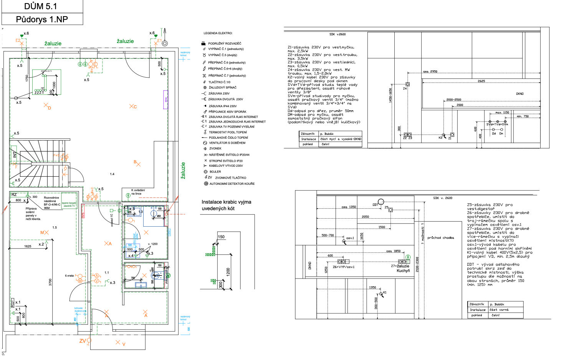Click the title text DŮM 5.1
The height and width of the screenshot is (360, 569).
[41, 6]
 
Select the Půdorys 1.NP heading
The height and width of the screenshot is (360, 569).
[42, 19]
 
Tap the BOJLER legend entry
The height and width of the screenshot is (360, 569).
[215, 172]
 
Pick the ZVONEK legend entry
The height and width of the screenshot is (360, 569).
[215, 148]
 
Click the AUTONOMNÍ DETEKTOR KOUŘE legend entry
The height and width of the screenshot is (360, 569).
[232, 184]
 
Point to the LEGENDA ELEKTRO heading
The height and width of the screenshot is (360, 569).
[218, 33]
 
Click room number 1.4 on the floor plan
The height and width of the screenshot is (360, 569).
[112, 174]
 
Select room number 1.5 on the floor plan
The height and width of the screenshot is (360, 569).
[55, 227]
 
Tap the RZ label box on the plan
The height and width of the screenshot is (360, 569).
[14, 195]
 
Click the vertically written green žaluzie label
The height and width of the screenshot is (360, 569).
[183, 170]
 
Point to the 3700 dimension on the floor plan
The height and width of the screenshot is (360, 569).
[50, 282]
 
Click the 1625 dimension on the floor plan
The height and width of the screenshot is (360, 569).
[28, 246]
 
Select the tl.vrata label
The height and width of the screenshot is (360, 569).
[69, 275]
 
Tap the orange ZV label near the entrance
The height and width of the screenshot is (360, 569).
[83, 341]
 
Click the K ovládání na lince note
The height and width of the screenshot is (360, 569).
[138, 192]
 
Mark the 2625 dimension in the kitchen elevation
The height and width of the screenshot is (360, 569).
[481, 81]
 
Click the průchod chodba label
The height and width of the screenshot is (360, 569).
[440, 238]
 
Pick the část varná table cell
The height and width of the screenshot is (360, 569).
[499, 310]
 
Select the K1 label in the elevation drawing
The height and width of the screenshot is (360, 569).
[385, 292]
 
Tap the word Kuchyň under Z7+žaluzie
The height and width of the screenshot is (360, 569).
[403, 270]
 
